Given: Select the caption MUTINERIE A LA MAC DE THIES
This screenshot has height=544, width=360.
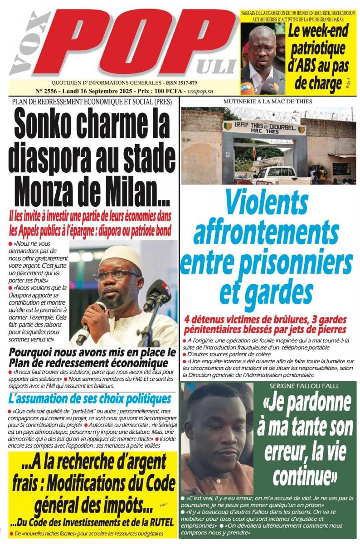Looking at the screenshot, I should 268,102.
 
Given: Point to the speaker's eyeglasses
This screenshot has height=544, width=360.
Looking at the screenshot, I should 117,275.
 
